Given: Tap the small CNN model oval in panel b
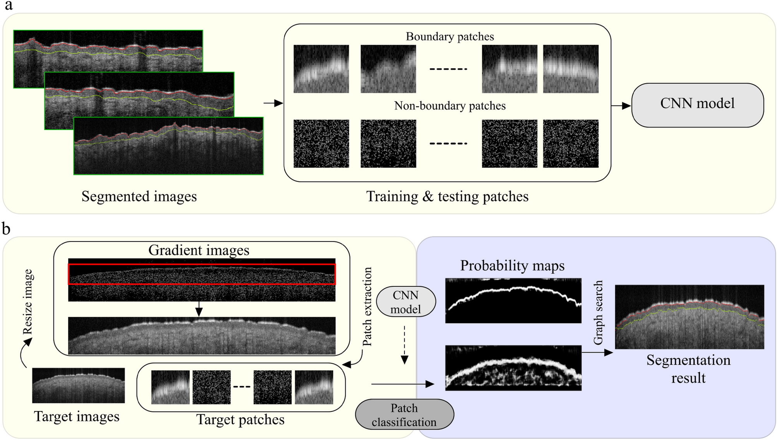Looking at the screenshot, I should tap(405, 302).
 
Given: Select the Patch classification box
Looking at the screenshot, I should tap(404, 414).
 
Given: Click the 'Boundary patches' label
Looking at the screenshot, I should tap(449, 36).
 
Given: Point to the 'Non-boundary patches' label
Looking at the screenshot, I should tap(449, 106).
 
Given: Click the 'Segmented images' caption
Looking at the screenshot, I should tap(139, 196).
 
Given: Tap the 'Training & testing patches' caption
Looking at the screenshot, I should tap(447, 196).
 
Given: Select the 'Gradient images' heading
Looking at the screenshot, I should tap(199, 250).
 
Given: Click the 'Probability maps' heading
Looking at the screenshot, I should tap(512, 265).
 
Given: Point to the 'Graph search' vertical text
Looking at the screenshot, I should tap(598, 312).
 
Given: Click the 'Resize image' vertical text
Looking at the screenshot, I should tap(27, 302).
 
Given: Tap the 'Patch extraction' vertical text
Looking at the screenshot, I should tap(367, 306).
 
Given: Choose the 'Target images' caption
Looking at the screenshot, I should tap(77, 416).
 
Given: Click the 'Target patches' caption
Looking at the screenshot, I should tap(240, 419).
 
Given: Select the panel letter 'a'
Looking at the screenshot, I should tap(8, 5).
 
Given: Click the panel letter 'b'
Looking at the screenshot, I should tap(6, 229).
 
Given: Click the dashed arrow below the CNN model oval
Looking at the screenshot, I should tap(404, 344).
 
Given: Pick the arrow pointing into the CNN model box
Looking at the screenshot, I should tap(621, 105).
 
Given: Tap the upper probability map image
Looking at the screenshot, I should tap(513, 300).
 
